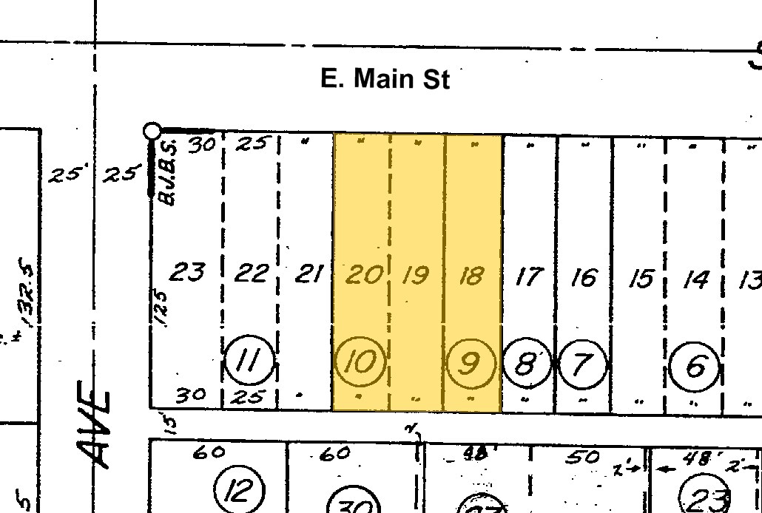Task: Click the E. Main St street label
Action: coord(384,78)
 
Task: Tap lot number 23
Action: coord(186,272)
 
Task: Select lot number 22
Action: coord(251,274)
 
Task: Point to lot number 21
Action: coord(308,275)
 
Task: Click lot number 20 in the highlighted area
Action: coord(363,275)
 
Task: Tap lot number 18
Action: coord(471,276)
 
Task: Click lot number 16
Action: coord(584,278)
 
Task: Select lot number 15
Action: coord(641,279)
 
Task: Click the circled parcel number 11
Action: coord(249,362)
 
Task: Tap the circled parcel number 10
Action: coord(361,362)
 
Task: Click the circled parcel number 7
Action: coord(583,364)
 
